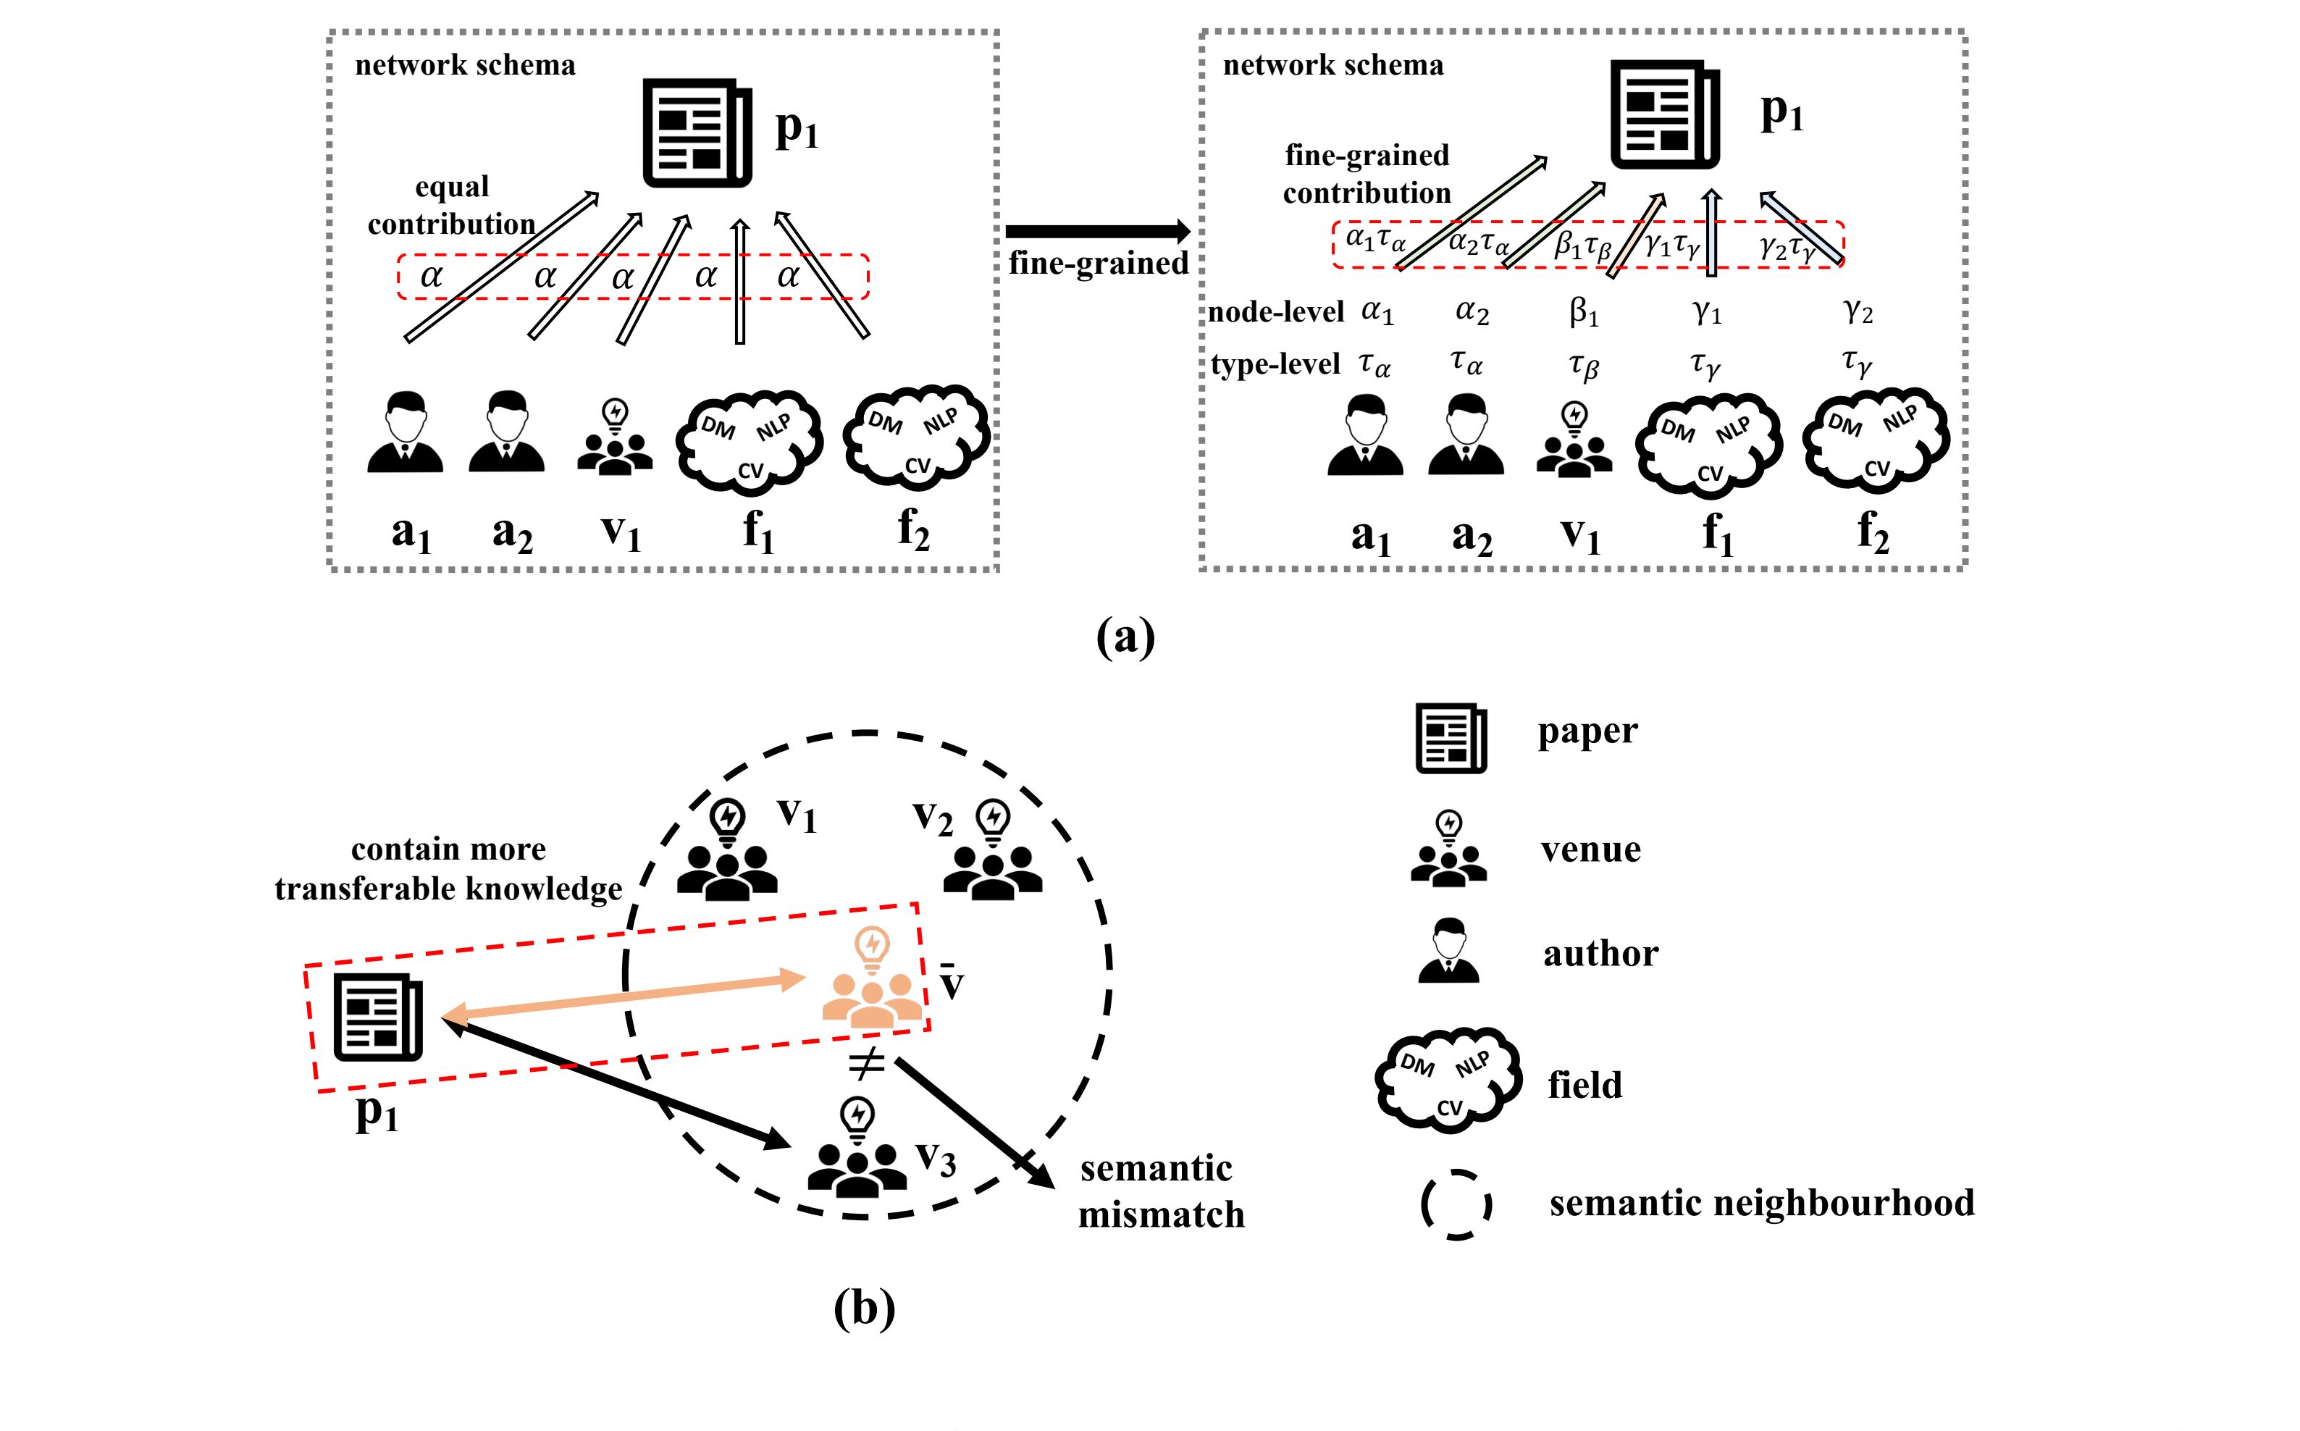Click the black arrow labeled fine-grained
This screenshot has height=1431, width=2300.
(1097, 231)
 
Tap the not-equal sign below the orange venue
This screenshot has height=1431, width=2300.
(865, 1065)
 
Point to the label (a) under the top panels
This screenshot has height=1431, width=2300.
(1125, 638)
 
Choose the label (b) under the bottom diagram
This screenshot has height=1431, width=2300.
(864, 1309)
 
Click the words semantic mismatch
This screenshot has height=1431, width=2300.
(1160, 1191)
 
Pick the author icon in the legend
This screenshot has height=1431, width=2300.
(1448, 950)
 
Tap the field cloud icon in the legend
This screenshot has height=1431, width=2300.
(1448, 1080)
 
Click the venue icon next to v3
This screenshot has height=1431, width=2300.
(856, 1147)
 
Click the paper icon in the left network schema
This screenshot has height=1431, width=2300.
(697, 133)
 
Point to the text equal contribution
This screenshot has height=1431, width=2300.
(451, 206)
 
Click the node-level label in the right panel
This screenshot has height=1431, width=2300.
(1276, 311)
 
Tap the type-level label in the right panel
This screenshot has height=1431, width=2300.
(1275, 364)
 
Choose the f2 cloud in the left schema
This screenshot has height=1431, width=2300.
(915, 437)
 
